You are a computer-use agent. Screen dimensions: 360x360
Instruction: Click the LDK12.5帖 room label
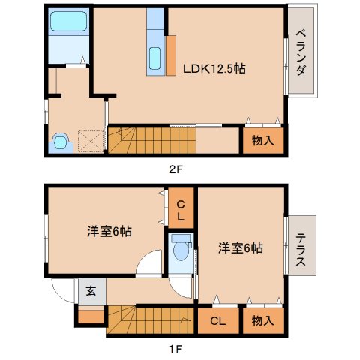tap(215, 68)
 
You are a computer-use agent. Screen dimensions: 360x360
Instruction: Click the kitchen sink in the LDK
tap(156, 58)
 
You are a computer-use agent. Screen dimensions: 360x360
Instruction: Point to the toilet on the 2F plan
tap(60, 140)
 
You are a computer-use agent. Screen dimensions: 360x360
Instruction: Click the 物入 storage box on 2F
tap(262, 140)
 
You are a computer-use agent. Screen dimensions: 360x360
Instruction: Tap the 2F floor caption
tap(175, 169)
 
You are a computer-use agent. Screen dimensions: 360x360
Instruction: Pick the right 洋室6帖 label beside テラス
tap(241, 247)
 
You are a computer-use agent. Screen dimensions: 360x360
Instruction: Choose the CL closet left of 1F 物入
tap(218, 320)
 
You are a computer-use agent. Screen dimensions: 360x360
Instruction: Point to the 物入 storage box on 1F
tap(262, 320)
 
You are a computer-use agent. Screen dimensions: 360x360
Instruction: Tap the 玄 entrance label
tap(91, 291)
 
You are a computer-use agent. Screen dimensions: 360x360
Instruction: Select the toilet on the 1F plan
tap(180, 250)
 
